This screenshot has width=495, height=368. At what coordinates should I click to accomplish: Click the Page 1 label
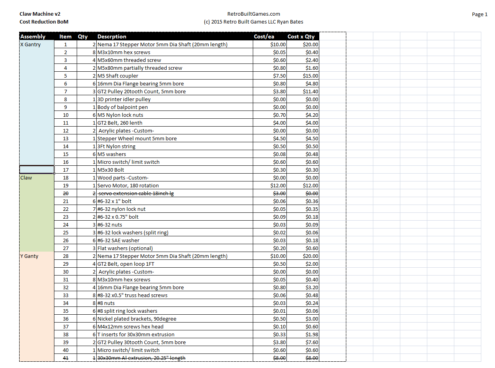point(479,15)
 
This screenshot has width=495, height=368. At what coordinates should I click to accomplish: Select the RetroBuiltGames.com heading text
point(254,14)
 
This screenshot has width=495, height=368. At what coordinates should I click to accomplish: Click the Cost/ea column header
point(264,36)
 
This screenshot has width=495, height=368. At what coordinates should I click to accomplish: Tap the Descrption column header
point(112,36)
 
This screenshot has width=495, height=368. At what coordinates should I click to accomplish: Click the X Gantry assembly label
point(30,44)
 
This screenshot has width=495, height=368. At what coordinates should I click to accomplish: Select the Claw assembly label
point(26,178)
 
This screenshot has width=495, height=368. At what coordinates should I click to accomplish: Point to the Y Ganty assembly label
point(29,256)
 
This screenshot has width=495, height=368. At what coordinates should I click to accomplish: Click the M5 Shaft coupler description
point(117,76)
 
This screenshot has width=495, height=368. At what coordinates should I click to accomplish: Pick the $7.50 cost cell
point(279,76)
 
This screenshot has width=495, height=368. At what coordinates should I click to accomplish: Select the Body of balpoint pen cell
point(122,107)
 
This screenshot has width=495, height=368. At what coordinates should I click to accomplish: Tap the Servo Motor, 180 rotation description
point(128,185)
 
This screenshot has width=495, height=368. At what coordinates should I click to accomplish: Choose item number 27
point(65,248)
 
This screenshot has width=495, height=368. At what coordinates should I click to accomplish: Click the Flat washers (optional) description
point(125,248)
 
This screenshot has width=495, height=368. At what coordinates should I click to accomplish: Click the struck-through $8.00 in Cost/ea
point(279,358)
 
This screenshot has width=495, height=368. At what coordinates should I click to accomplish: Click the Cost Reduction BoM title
point(44,22)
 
